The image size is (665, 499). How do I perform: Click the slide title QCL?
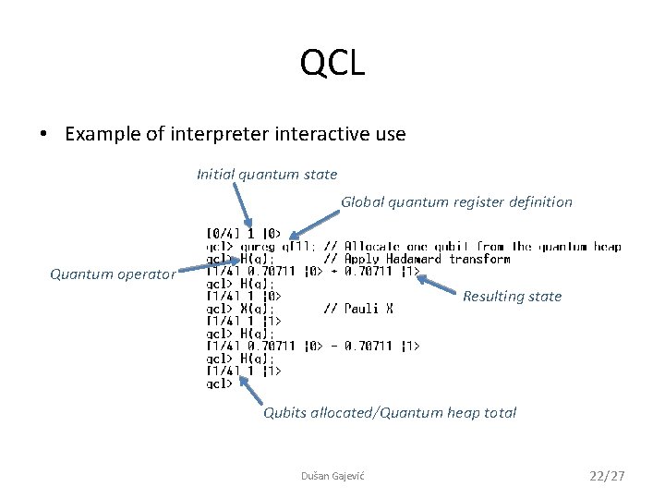(x=332, y=64)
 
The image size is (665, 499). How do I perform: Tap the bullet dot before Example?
(x=43, y=134)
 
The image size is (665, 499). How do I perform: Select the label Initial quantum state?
(x=267, y=174)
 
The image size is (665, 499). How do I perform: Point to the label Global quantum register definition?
(x=456, y=201)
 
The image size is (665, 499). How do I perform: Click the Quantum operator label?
(x=112, y=274)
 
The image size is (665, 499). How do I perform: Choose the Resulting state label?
(x=512, y=297)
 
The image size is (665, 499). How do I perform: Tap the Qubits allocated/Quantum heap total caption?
(x=390, y=413)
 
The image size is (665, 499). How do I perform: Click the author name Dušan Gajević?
(x=332, y=475)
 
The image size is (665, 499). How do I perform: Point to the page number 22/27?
(x=607, y=475)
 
